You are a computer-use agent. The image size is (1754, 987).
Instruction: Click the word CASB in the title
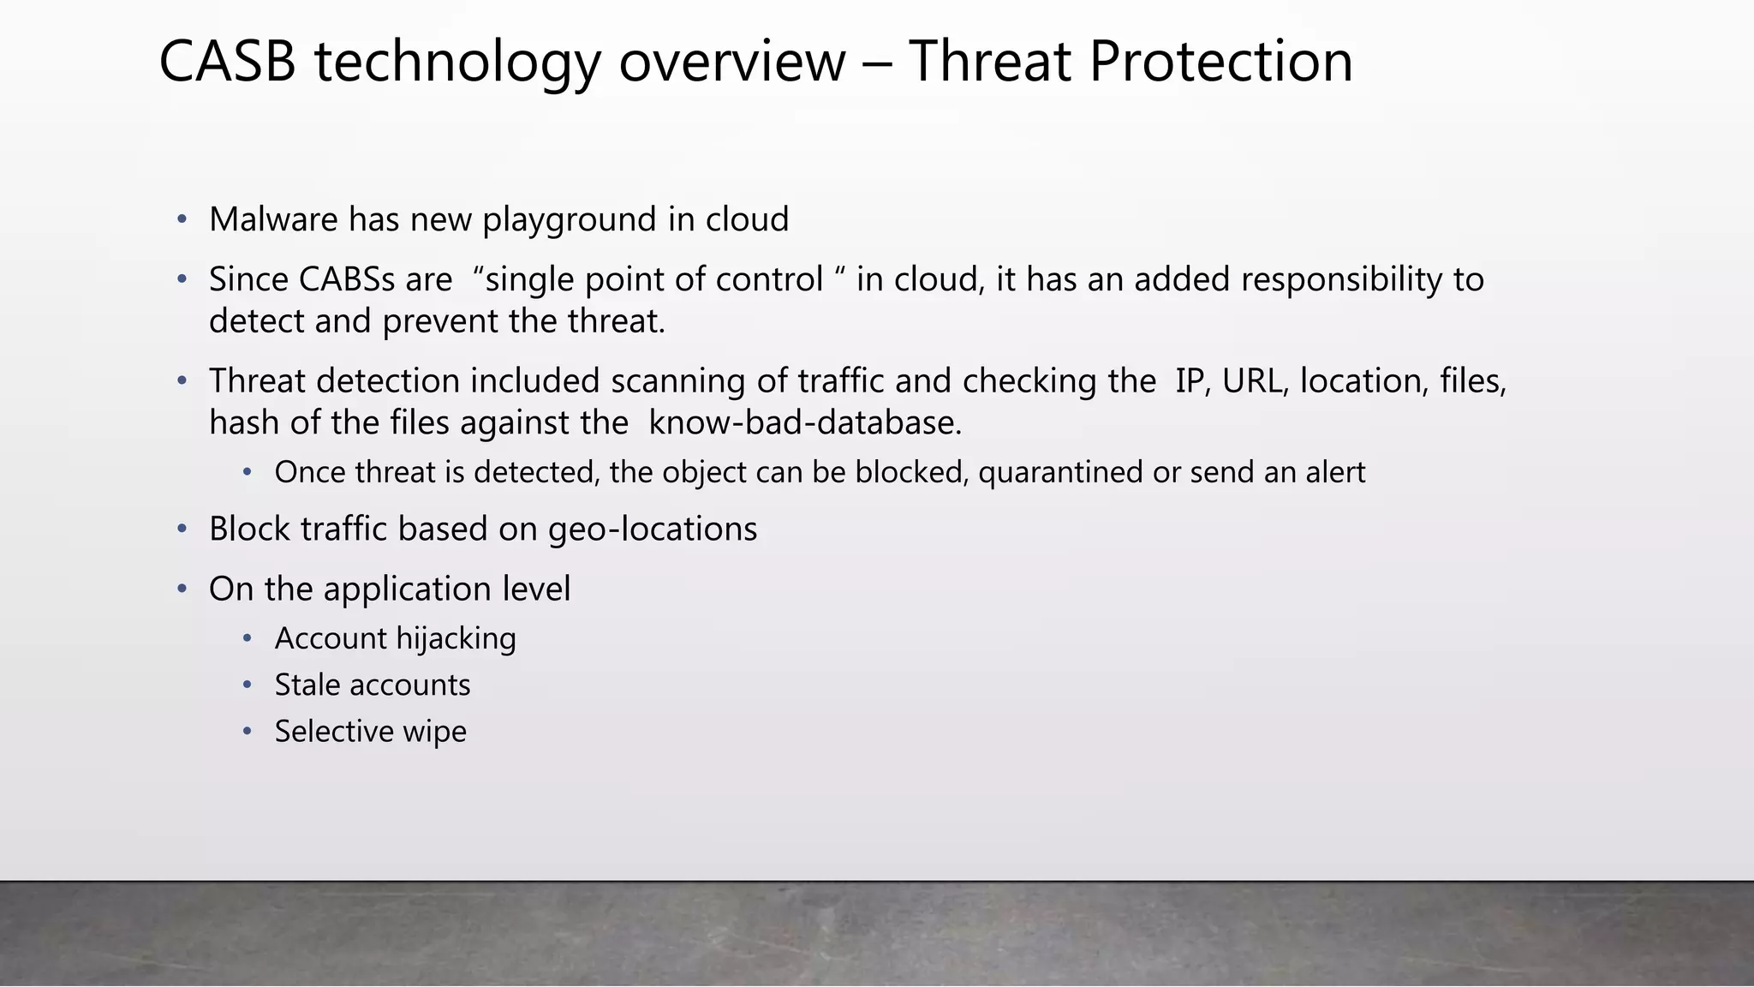(x=228, y=62)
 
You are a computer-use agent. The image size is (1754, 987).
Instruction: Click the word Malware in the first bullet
(x=273, y=220)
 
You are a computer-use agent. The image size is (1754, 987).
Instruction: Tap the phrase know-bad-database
(x=805, y=423)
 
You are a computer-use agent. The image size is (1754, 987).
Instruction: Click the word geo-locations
(x=653, y=529)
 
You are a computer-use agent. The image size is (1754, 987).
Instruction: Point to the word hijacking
(x=456, y=639)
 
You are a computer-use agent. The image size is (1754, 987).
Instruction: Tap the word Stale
(x=307, y=685)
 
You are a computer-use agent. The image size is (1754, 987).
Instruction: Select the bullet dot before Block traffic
(x=182, y=529)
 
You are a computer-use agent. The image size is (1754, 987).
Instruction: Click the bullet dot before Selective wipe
(x=247, y=732)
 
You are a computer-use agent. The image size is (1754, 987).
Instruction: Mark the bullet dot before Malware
(x=182, y=220)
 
